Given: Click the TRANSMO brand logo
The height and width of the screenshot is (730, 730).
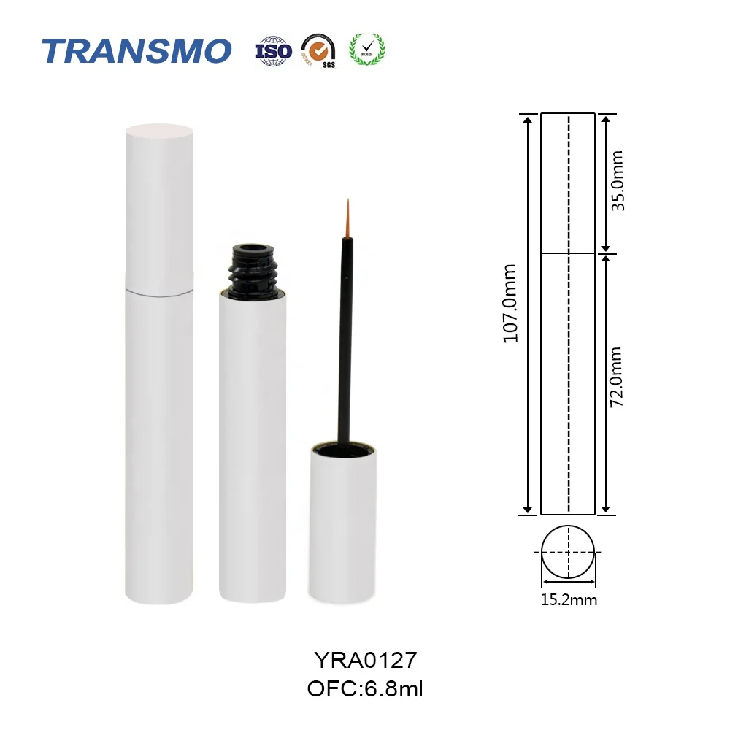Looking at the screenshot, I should click(x=137, y=50).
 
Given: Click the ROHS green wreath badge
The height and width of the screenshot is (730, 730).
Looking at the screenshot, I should click(x=368, y=49).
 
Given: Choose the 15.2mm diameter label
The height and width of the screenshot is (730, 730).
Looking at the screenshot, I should click(x=569, y=601).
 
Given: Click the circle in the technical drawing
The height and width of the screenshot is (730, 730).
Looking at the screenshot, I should click(x=569, y=553).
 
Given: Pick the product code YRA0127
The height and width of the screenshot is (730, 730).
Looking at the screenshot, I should click(x=365, y=661).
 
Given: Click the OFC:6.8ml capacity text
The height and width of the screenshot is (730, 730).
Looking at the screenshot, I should click(x=365, y=688).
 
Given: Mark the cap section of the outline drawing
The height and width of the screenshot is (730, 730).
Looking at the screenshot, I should click(x=568, y=182).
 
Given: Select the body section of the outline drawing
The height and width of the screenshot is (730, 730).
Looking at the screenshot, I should click(x=568, y=383).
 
